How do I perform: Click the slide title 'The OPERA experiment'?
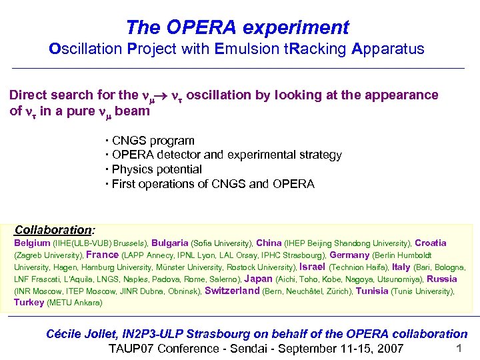[237, 27]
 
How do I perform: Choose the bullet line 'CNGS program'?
[153, 141]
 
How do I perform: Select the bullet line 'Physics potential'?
[156, 169]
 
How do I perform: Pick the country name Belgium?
[32, 243]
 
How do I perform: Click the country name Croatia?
[431, 243]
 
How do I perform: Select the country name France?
[103, 255]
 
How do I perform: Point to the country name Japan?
[259, 279]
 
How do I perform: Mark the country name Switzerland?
[232, 291]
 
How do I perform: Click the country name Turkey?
[29, 303]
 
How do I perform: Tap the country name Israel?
[313, 267]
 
